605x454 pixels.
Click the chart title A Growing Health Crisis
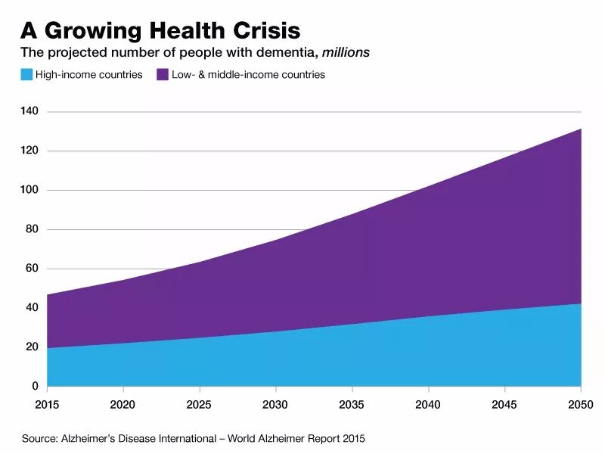(160, 30)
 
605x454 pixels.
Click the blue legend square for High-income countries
(26, 75)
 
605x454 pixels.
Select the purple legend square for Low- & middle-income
(163, 75)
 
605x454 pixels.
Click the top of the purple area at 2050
(580, 129)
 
